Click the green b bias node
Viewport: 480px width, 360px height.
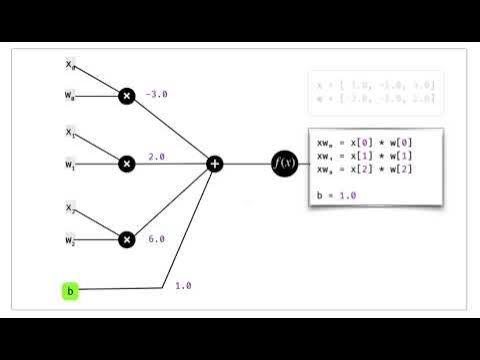point(70,291)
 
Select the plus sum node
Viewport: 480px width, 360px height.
point(214,163)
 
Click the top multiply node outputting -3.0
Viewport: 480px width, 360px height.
point(127,96)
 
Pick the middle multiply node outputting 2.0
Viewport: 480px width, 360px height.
point(127,163)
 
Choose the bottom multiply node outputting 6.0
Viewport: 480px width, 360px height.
point(127,239)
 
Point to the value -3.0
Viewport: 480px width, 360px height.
point(158,95)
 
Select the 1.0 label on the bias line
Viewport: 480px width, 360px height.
point(183,285)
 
